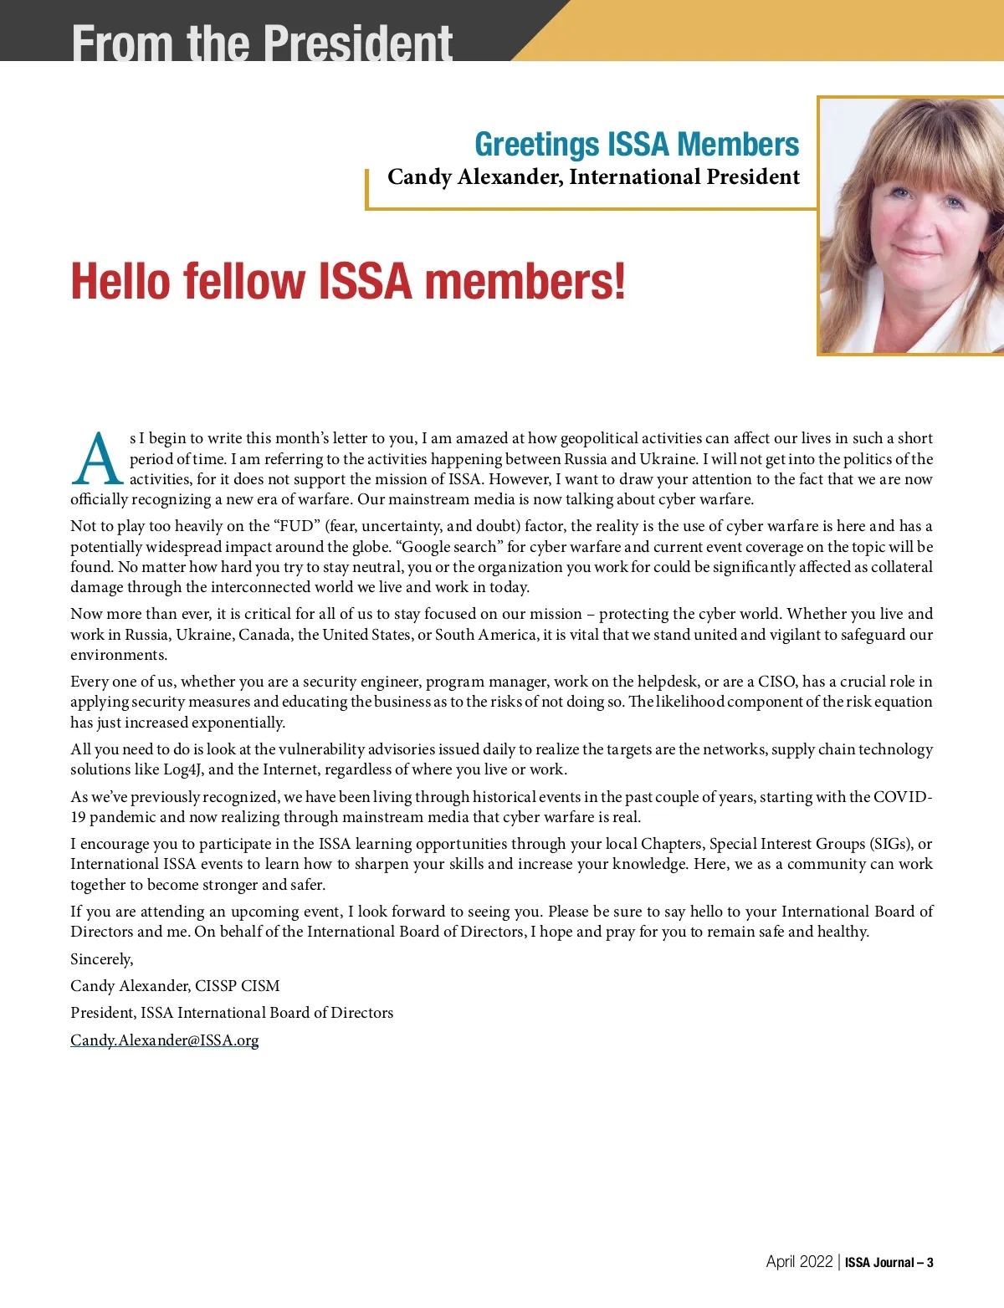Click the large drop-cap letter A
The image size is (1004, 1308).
pos(98,459)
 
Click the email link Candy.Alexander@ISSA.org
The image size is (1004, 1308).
pos(165,1040)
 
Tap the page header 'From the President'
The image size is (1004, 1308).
pos(262,42)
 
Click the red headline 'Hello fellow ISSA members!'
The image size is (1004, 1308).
pos(347,281)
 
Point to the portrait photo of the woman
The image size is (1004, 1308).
pos(910,226)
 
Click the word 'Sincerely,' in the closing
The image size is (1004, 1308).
pos(102,959)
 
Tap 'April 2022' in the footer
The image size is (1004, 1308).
pos(799,1262)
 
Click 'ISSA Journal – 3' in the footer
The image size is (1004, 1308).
pos(889,1263)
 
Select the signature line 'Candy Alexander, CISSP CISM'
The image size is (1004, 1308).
pos(175,986)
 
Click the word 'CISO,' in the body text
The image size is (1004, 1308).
pos(777,682)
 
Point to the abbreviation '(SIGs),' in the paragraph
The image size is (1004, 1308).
pos(891,844)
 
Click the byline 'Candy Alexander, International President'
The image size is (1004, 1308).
pos(593,177)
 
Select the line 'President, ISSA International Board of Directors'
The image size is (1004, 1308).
pos(232,1013)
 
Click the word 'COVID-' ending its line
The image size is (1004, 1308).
pos(903,797)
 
